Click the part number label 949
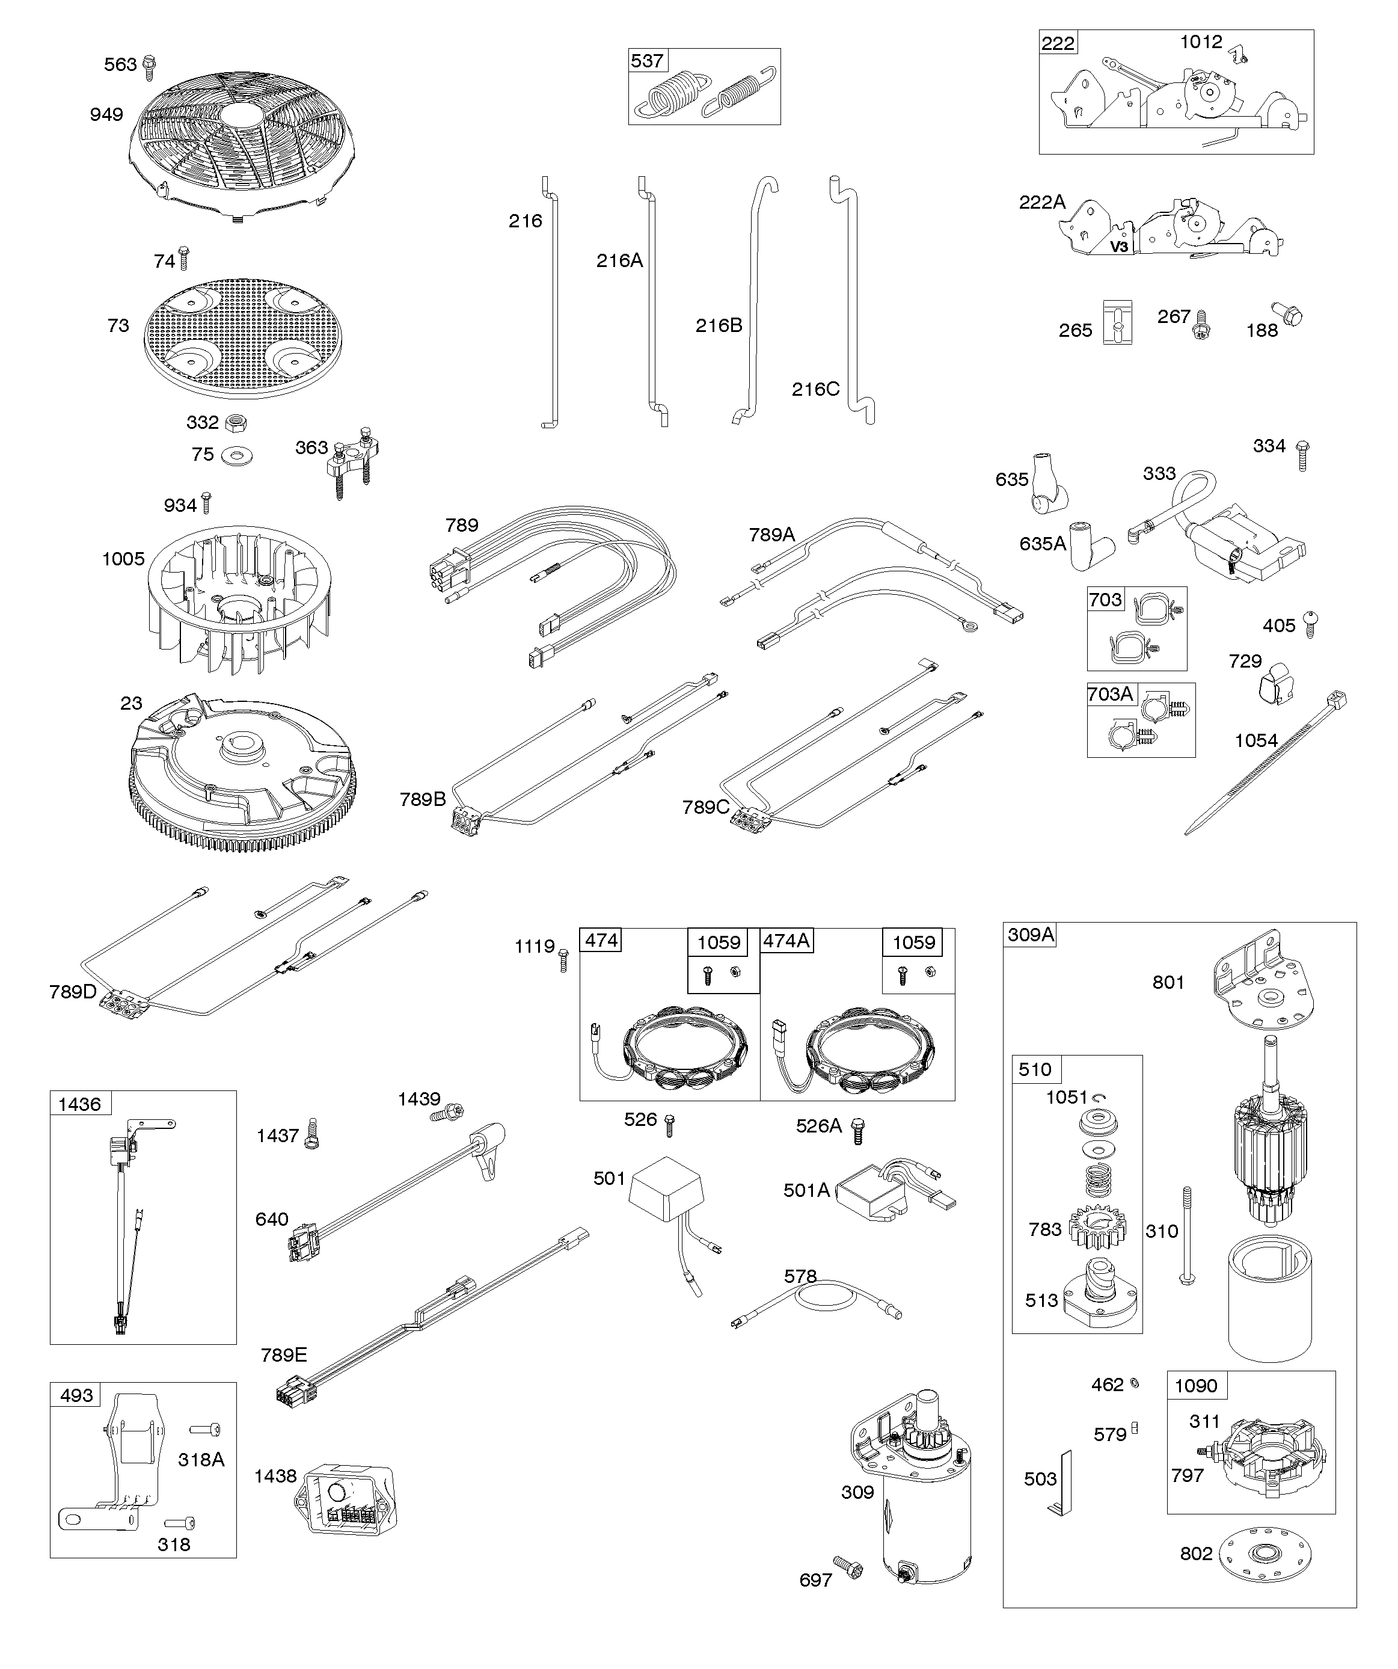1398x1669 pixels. pyautogui.click(x=106, y=114)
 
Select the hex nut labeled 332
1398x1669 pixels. pyautogui.click(x=236, y=422)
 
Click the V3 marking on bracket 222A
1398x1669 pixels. pyautogui.click(x=1119, y=247)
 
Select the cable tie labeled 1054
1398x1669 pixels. pyautogui.click(x=1264, y=763)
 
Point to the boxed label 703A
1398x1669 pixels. pyautogui.click(x=1111, y=695)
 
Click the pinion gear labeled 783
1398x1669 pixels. pyautogui.click(x=1097, y=1228)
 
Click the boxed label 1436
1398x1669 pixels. pyautogui.click(x=80, y=1104)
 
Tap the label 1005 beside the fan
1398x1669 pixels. pyautogui.click(x=123, y=559)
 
